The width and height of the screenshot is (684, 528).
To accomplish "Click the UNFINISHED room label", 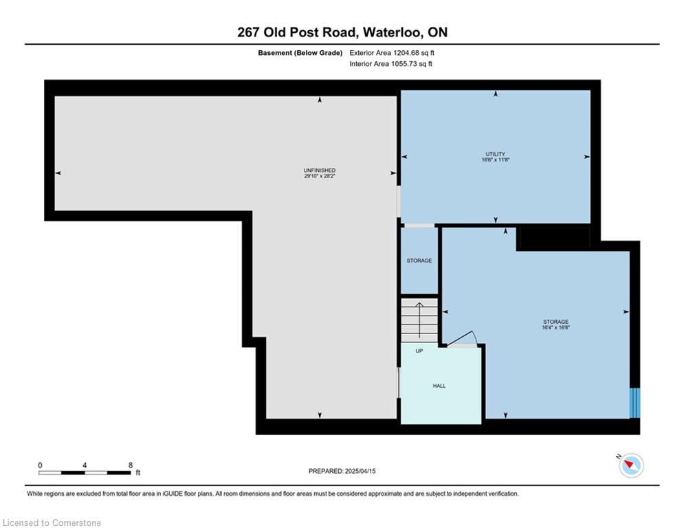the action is pos(320,170).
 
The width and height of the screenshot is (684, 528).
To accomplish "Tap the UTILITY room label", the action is pos(495,154).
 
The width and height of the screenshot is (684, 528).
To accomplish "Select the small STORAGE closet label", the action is pos(419,261).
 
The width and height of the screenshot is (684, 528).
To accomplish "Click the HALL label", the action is pos(439,386).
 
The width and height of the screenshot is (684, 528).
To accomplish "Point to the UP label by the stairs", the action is pos(419,351).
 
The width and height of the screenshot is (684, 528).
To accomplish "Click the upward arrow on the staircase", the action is pos(419,320).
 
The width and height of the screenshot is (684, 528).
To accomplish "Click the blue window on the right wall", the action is pos(635,403).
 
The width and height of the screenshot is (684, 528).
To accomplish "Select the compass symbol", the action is pos(631,465).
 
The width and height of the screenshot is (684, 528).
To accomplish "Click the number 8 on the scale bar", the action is pos(131,465).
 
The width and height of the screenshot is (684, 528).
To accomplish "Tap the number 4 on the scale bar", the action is pos(85,465).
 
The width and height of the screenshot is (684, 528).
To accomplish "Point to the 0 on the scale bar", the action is pos(40,465).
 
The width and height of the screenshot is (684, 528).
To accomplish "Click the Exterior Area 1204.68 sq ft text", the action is pos(392,53).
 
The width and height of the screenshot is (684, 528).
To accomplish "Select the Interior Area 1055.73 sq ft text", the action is pos(391,64).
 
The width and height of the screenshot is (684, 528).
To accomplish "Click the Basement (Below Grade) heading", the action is pos(300,53).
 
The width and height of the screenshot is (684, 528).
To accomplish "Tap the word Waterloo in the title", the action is pos(392,32).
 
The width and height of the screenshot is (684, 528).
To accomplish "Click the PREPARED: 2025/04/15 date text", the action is pos(342,471).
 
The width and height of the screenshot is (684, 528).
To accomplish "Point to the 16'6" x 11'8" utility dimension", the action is pos(495,159).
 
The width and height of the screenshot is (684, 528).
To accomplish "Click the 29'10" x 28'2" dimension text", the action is pos(320,176).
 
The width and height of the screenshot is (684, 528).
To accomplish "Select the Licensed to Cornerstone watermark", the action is pos(52,522).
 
